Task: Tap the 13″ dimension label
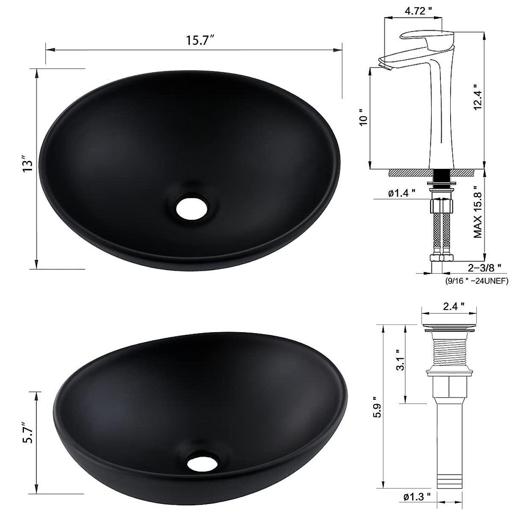click(x=28, y=166)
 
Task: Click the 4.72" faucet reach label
click(x=418, y=11)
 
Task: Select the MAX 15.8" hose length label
click(x=478, y=211)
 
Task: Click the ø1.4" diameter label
click(x=401, y=192)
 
